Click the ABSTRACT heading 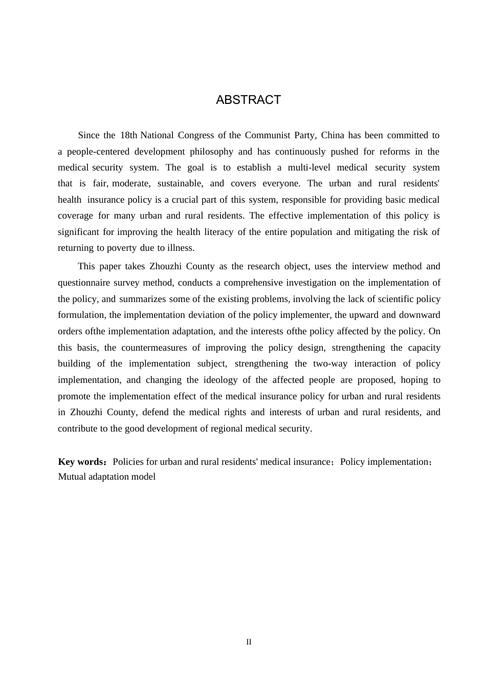coord(248,100)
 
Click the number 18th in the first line coord(128,135)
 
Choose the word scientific coord(393,299)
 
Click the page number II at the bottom coord(249,642)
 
